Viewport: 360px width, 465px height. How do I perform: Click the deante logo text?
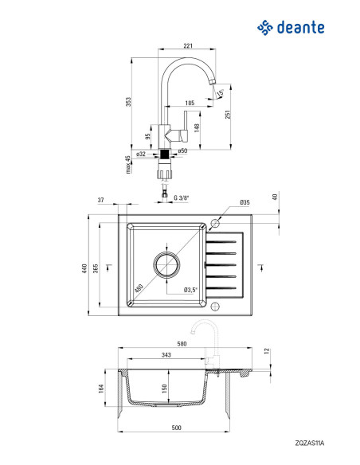coord(300,28)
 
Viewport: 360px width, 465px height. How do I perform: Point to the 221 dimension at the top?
coord(188,45)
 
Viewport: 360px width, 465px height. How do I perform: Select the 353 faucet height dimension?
coord(128,102)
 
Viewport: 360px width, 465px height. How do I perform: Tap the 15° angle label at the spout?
coord(221,93)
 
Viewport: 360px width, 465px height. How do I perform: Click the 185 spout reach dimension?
coord(190,103)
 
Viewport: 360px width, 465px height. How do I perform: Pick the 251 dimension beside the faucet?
coord(228,114)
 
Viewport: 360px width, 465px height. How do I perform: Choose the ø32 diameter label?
coord(141,154)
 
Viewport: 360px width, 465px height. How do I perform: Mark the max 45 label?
coord(128,165)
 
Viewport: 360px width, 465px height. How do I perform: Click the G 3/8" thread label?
coord(181,197)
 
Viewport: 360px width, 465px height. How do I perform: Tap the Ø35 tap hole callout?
coord(245,202)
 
